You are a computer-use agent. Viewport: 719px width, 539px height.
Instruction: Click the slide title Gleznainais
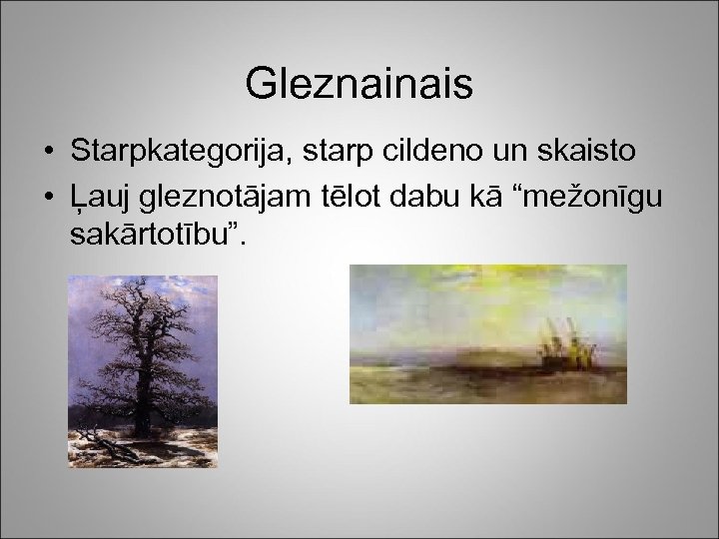click(x=359, y=85)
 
